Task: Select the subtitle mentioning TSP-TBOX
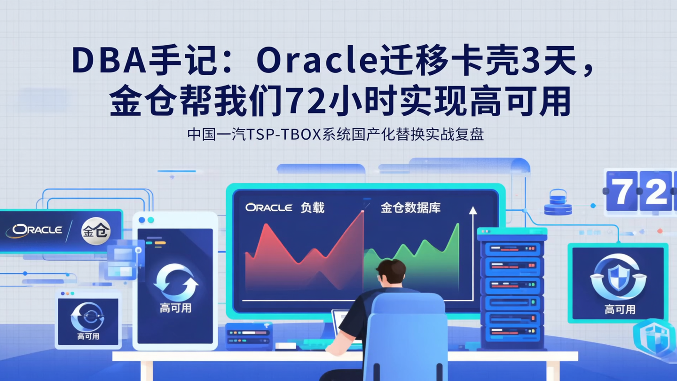tap(335, 135)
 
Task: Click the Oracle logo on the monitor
tap(268, 207)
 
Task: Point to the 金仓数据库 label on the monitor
tap(410, 207)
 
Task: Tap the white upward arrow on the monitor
tap(472, 212)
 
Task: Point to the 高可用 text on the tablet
tap(175, 309)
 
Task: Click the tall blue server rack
tap(512, 287)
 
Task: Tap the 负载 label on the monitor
tap(312, 207)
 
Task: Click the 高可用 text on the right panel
tap(620, 310)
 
